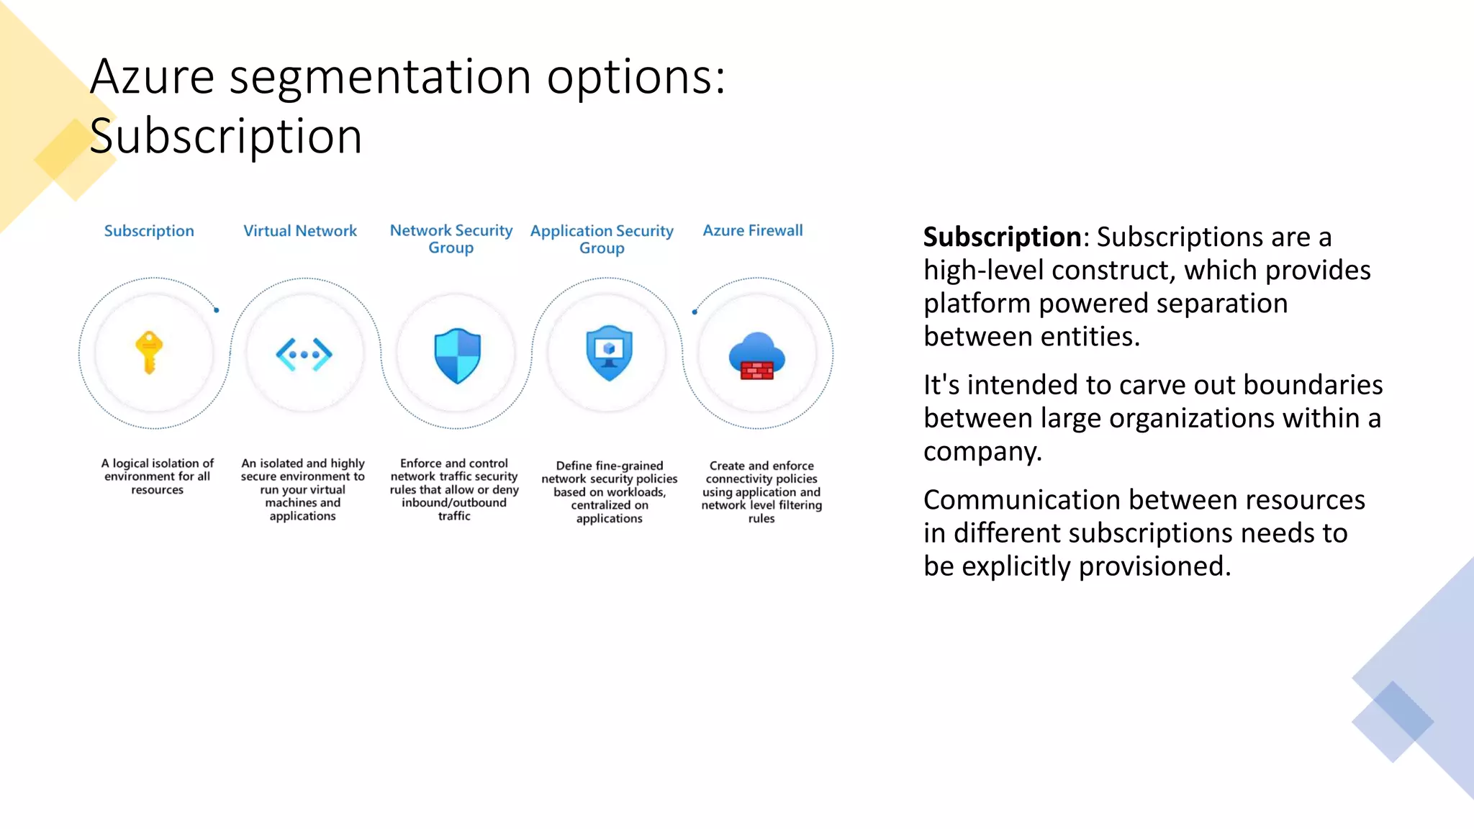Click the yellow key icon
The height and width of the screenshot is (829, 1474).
tap(149, 353)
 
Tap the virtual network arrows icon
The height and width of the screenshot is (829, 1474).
tap(304, 354)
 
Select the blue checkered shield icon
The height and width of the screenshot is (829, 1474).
tap(457, 355)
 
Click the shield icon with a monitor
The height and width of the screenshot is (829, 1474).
tap(609, 353)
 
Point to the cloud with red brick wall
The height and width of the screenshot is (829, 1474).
tap(756, 356)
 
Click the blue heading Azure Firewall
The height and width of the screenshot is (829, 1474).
tap(752, 230)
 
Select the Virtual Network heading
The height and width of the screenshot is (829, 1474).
tap(299, 231)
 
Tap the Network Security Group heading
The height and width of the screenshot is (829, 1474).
tap(451, 239)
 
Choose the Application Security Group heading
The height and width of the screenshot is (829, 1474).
tap(602, 239)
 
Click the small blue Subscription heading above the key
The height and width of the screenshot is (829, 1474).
tap(149, 231)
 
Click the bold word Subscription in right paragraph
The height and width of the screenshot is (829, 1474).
tap(1001, 237)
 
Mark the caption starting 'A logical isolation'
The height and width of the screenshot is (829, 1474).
tap(157, 476)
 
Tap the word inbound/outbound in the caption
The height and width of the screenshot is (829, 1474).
tap(453, 502)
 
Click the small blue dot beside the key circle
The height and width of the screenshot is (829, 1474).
tap(217, 310)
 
